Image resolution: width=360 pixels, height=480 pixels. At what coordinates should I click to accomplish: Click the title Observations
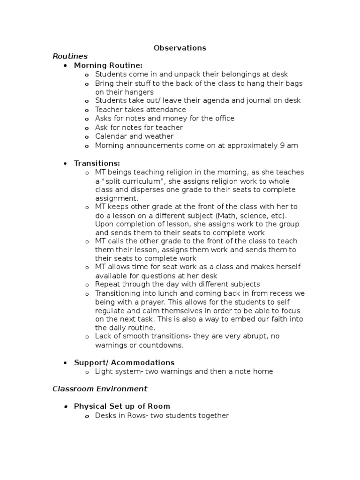coord(180,48)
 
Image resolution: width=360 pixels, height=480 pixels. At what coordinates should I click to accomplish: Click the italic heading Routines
coord(70,56)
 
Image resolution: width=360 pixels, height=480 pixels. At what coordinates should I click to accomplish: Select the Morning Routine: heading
coord(108,65)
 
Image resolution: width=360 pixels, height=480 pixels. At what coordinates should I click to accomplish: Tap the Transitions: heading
coord(97,163)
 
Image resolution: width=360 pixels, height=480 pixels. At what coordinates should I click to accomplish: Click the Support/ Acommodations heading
coord(124,362)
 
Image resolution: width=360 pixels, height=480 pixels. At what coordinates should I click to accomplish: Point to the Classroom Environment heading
coord(100,389)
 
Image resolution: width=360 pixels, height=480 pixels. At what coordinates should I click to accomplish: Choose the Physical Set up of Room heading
coord(122,406)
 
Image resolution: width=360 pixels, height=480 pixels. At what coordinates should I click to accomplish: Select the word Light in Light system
coord(104,371)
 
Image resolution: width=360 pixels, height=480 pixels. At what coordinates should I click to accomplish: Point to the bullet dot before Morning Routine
coord(65,66)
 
